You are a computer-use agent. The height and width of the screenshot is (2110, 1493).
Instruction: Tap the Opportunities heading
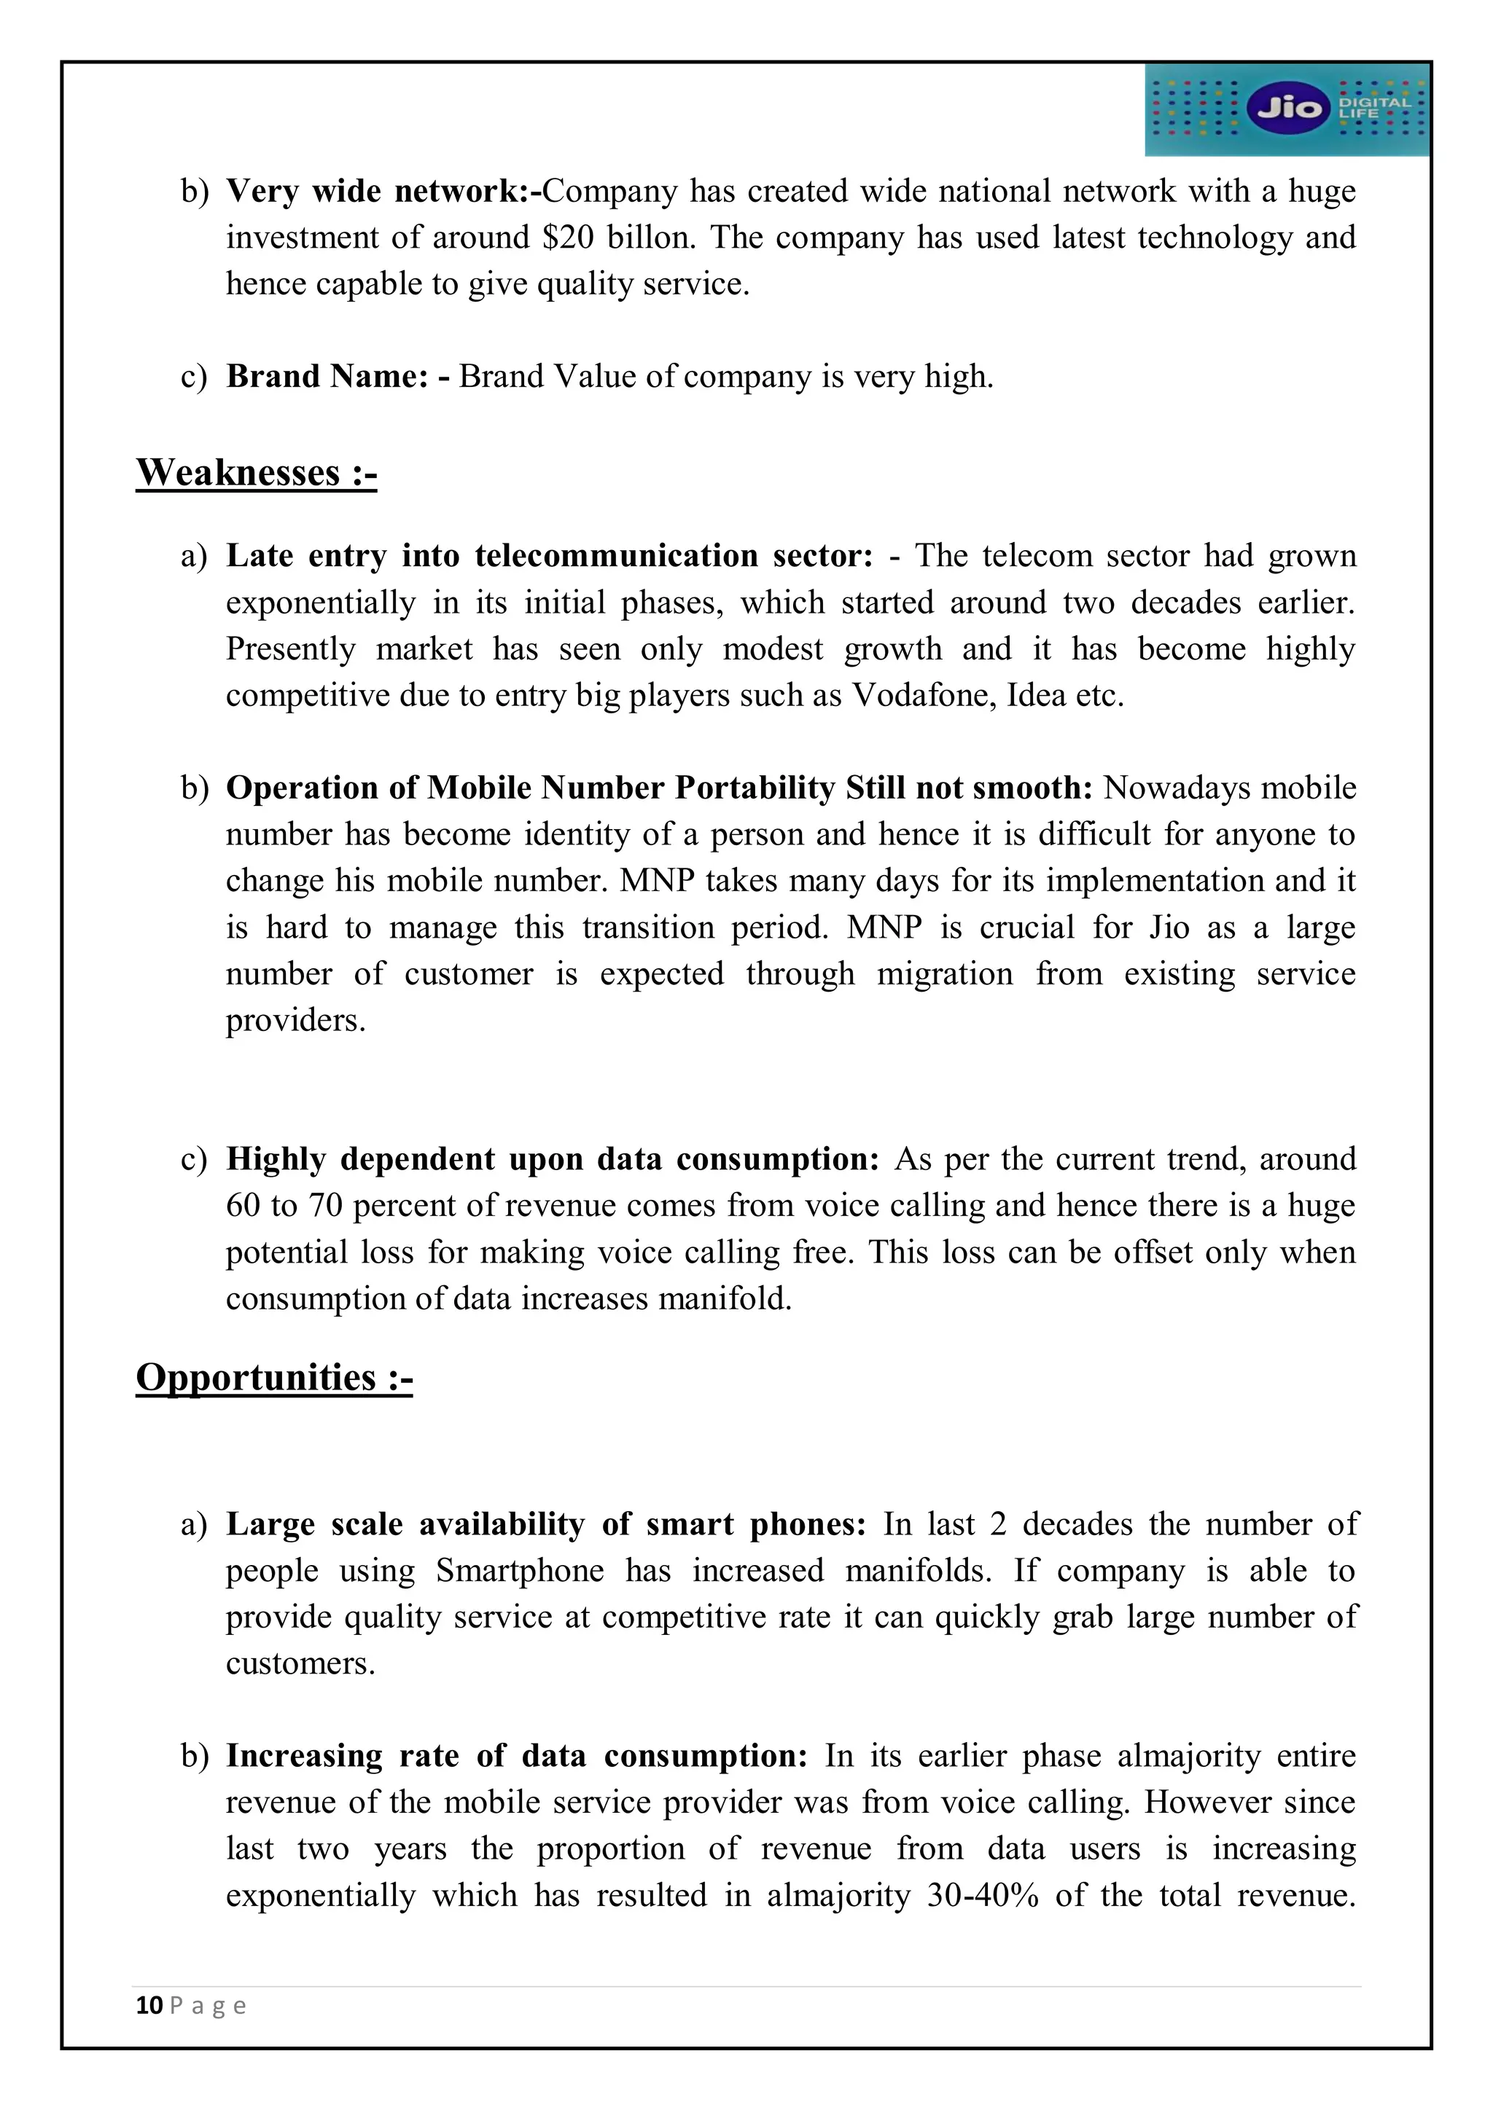click(x=274, y=1378)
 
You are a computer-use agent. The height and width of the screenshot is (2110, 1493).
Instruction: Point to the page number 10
click(x=149, y=2005)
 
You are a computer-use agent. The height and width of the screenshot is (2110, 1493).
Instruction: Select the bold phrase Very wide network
click(x=377, y=191)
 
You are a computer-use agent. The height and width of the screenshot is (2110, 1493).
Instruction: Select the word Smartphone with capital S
click(x=520, y=1571)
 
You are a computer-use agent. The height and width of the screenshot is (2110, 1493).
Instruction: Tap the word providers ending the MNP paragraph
click(x=295, y=1021)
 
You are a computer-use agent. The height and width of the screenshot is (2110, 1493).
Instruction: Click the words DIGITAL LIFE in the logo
click(x=1373, y=108)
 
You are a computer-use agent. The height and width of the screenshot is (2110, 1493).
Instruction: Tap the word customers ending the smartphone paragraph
click(x=300, y=1663)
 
